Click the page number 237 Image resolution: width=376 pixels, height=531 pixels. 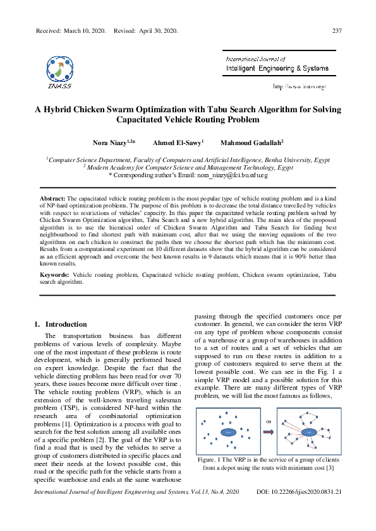336,32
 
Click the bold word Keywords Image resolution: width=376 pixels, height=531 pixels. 54,276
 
